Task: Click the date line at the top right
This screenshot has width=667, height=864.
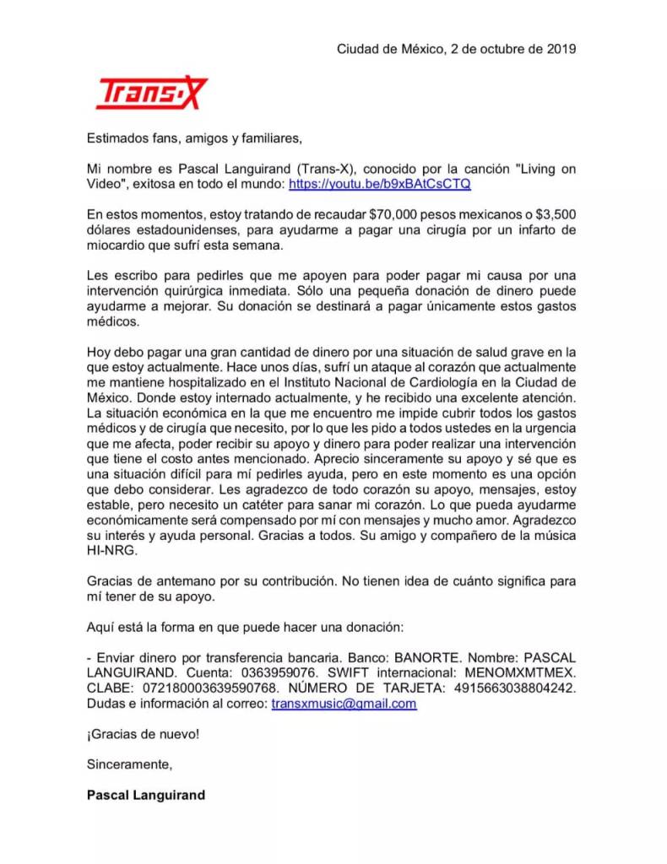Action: coord(456,49)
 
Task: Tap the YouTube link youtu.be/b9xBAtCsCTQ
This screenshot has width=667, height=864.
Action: coord(380,183)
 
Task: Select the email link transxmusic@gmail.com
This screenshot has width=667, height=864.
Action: coord(344,704)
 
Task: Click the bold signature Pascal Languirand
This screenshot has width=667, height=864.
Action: coord(145,795)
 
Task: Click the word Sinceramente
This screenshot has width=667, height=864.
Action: coord(129,764)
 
